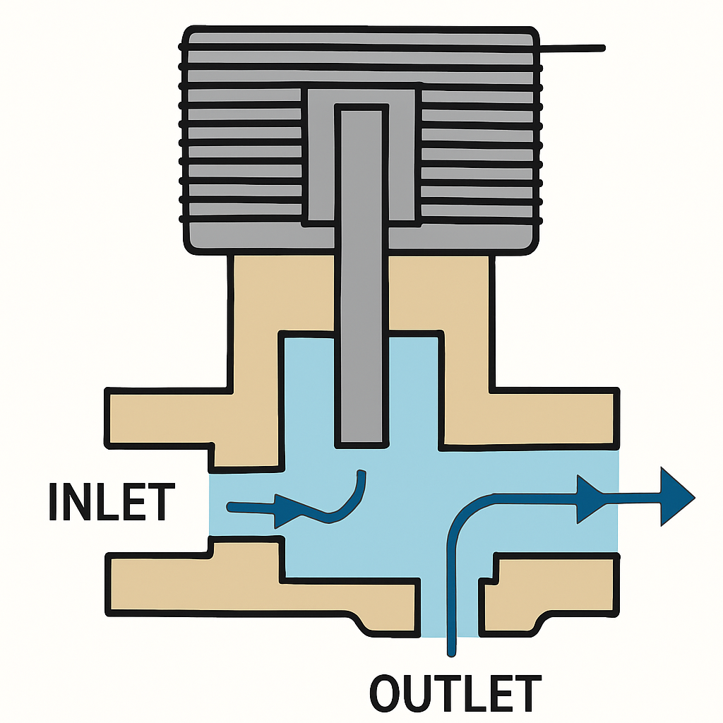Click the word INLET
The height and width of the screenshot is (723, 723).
coord(111,502)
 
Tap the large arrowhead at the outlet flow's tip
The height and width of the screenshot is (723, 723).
coord(675,496)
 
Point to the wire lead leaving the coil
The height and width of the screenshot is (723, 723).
coord(572,48)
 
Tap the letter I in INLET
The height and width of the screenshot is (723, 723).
coord(54,502)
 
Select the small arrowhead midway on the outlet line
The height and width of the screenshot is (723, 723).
coord(588,498)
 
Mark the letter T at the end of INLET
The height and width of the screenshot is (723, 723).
coord(160,502)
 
